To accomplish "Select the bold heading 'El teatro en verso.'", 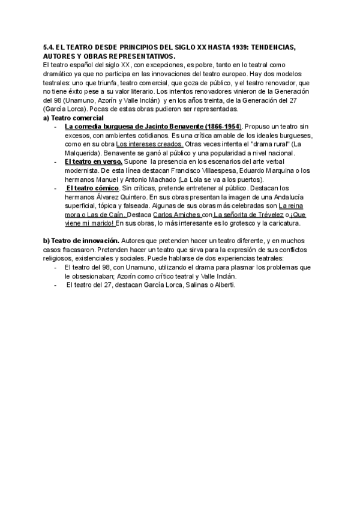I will pos(93,162).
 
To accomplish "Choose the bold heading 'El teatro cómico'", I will pos(93,188).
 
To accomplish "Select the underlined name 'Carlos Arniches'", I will pos(176,214).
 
